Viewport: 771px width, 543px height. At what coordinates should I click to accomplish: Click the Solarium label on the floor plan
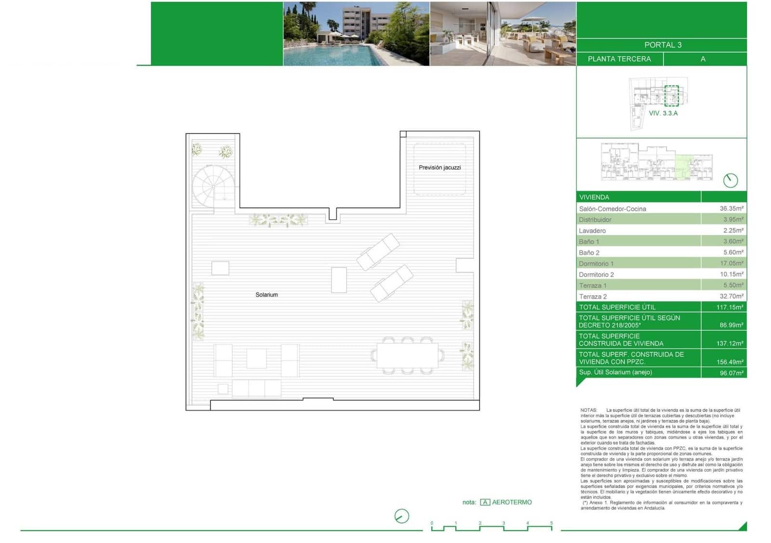[266, 294]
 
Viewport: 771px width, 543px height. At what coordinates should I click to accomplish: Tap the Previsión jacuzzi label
[439, 167]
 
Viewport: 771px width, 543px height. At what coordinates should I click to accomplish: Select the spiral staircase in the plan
[213, 185]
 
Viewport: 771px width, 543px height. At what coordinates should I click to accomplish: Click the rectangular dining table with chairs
[408, 356]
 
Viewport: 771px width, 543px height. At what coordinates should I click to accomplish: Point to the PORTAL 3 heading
[663, 45]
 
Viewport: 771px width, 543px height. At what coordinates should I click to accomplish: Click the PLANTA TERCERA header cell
[619, 59]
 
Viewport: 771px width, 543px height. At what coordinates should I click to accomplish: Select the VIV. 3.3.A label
[663, 113]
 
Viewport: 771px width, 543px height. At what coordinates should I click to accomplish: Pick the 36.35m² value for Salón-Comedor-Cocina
[731, 209]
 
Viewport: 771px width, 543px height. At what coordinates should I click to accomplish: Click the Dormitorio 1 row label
[596, 264]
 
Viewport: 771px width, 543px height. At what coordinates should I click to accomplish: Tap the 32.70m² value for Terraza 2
[731, 296]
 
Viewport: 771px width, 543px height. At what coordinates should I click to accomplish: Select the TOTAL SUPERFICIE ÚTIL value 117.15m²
[730, 307]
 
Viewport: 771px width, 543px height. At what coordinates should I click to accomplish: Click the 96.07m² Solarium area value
[731, 373]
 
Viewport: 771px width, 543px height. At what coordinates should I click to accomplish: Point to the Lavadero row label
[592, 231]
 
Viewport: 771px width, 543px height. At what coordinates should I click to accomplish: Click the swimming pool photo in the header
[356, 34]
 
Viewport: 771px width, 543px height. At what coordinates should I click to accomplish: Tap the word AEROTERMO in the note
[512, 502]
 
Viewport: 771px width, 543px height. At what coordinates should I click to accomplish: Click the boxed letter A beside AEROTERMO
[485, 502]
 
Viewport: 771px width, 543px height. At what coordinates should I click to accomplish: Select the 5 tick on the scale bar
[551, 523]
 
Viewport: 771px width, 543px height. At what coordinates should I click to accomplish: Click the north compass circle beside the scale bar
[401, 516]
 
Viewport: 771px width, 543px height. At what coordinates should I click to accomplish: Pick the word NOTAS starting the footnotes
[588, 410]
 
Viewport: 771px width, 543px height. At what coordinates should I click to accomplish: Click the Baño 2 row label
[589, 252]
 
